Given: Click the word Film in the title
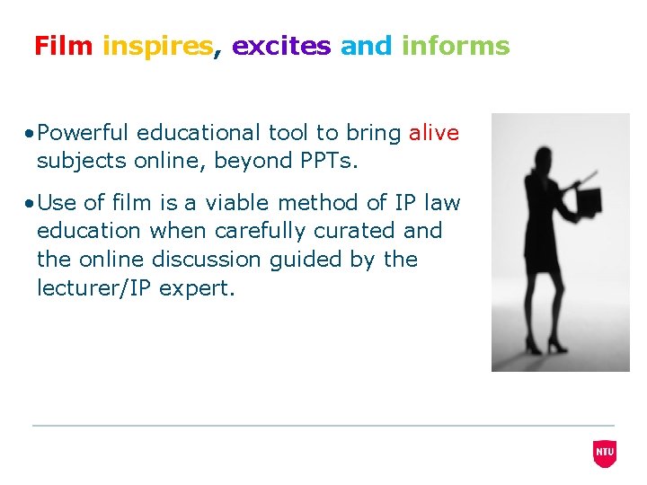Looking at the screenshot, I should (x=63, y=46).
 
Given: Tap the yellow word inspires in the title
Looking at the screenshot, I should (x=158, y=47).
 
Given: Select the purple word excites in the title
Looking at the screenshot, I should (x=281, y=46).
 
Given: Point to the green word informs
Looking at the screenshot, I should (x=456, y=46).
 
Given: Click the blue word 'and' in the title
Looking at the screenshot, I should (x=367, y=46).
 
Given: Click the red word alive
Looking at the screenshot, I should (x=433, y=134).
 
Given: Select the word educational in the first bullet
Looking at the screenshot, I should (x=202, y=134).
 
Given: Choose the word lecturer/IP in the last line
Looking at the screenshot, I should (x=94, y=288).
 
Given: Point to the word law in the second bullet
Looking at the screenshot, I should (x=440, y=203).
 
